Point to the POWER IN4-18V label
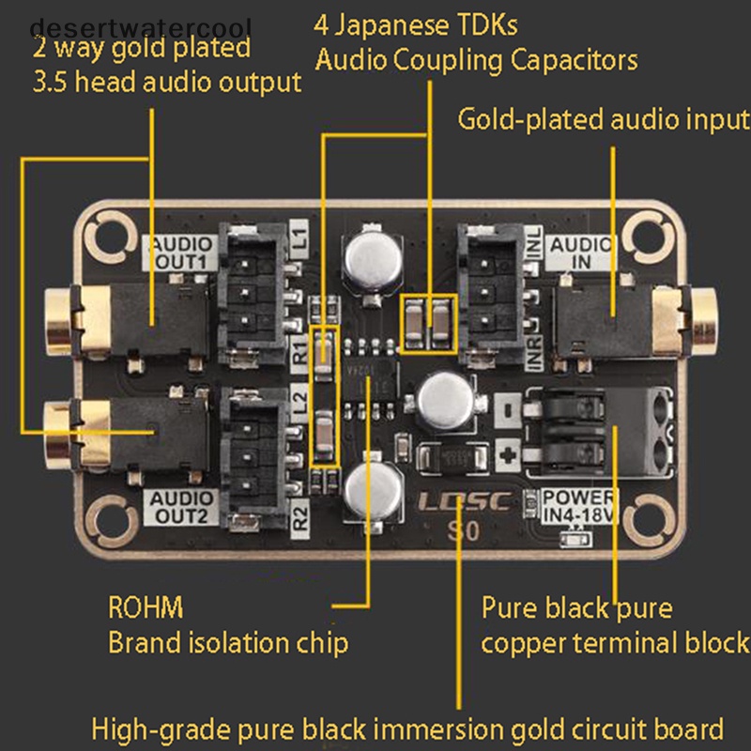point(581,504)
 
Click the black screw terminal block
point(601,432)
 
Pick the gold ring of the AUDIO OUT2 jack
point(58,430)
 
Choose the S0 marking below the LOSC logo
point(462,532)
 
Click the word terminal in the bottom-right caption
point(638,643)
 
